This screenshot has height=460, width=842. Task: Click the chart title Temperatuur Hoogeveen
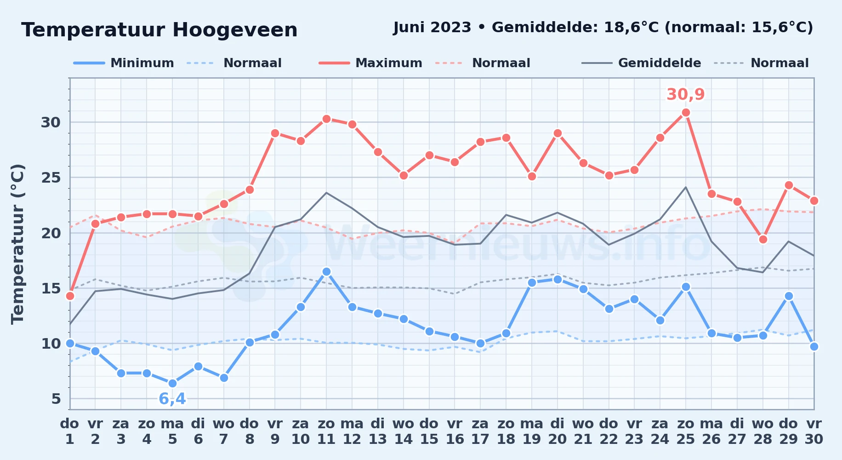pyautogui.click(x=159, y=30)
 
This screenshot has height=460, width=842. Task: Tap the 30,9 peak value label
pyautogui.click(x=685, y=94)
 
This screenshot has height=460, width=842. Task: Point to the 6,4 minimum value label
pyautogui.click(x=172, y=398)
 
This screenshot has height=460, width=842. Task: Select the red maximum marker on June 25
pyautogui.click(x=686, y=112)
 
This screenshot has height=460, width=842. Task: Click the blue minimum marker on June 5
pyautogui.click(x=172, y=383)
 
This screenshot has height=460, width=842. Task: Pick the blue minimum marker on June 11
pyautogui.click(x=326, y=271)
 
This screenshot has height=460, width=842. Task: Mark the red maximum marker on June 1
pyautogui.click(x=70, y=296)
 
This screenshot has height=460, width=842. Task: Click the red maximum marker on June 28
pyautogui.click(x=763, y=239)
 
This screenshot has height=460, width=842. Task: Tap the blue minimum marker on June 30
pyautogui.click(x=814, y=346)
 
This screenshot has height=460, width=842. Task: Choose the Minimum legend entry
pyautogui.click(x=124, y=63)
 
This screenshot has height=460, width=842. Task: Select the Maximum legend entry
pyautogui.click(x=370, y=63)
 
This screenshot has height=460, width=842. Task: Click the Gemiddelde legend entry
pyautogui.click(x=642, y=63)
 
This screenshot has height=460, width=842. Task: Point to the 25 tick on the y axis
pyautogui.click(x=51, y=178)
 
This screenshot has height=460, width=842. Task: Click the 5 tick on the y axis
pyautogui.click(x=56, y=399)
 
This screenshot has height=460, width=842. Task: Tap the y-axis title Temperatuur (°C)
pyautogui.click(x=17, y=244)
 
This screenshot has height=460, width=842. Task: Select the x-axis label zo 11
pyautogui.click(x=326, y=431)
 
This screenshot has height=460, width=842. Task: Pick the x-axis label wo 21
pyautogui.click(x=583, y=431)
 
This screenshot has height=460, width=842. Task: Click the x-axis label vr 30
pyautogui.click(x=814, y=431)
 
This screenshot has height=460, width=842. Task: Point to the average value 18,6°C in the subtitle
pyautogui.click(x=632, y=28)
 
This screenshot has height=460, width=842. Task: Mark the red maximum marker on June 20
pyautogui.click(x=558, y=133)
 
